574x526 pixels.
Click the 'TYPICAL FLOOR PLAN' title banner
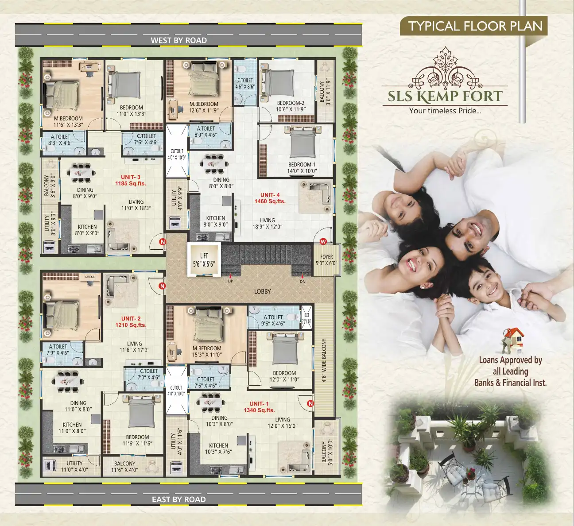(475, 26)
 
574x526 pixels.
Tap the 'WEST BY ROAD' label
(178, 40)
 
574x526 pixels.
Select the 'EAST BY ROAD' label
(178, 499)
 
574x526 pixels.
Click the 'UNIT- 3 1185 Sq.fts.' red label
(131, 180)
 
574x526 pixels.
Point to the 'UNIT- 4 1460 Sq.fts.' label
(270, 198)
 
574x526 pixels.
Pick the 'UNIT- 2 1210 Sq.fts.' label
(131, 322)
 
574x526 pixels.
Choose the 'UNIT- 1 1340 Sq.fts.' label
(259, 407)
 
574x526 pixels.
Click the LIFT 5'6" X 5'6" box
(204, 260)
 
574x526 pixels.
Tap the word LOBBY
(262, 291)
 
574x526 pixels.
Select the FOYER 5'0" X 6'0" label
(326, 260)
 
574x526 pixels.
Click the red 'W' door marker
(323, 242)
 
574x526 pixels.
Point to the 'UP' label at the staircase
(230, 281)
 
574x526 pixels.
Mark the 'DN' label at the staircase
(303, 281)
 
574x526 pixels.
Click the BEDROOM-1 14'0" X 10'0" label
(302, 168)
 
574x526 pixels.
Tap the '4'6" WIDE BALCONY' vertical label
(324, 360)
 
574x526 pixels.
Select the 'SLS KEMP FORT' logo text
(445, 97)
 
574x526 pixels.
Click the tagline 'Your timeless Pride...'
(445, 111)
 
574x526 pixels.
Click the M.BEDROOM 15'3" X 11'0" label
(207, 352)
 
